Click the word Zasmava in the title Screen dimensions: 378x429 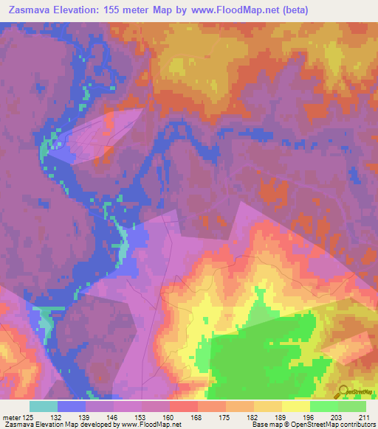click(30, 10)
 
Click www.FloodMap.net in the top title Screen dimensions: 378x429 click(233, 10)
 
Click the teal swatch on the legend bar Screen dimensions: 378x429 click(44, 406)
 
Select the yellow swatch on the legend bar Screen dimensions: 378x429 click(296, 406)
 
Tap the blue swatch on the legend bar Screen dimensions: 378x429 click(72, 406)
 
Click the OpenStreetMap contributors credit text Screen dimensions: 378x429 click(334, 424)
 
